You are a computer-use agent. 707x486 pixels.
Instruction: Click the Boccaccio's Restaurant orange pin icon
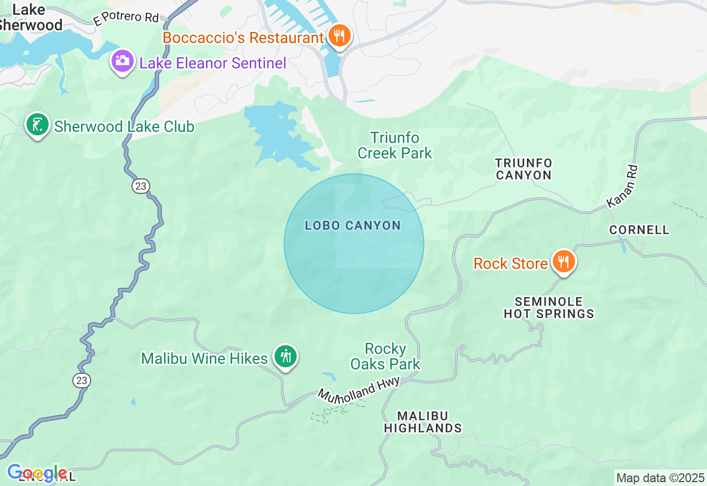click(339, 36)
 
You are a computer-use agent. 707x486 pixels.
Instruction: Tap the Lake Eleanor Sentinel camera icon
click(123, 61)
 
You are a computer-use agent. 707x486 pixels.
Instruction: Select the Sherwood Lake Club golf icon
click(37, 125)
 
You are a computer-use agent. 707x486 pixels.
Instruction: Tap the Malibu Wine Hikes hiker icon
click(285, 357)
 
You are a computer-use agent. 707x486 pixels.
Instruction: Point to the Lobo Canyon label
click(353, 225)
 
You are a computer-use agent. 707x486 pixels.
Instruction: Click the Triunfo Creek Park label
click(394, 145)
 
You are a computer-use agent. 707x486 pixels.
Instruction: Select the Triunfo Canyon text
click(524, 169)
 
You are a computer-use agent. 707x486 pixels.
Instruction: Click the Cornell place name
click(639, 230)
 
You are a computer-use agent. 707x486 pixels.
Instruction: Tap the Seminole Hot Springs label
click(548, 308)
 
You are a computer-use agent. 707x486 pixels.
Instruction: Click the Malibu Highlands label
click(423, 421)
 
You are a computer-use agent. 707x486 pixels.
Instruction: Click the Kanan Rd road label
click(622, 187)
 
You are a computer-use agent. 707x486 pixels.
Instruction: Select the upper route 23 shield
click(141, 186)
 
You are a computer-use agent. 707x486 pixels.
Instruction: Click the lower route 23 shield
click(81, 380)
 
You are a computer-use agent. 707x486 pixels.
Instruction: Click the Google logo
click(37, 473)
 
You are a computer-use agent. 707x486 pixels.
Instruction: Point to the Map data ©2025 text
click(660, 478)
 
